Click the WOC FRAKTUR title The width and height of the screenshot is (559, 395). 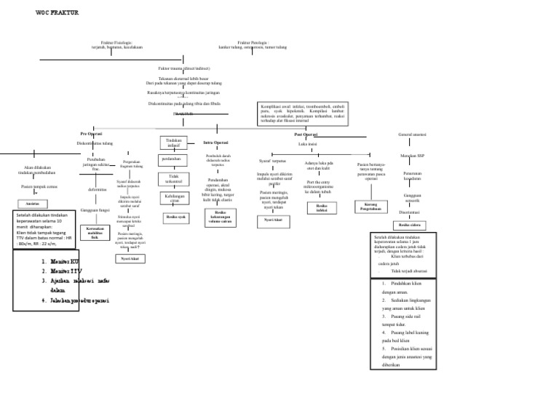pos(58,14)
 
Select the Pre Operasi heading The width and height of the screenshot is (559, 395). pos(91,135)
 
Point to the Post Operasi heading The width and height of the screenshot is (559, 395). pos(306,135)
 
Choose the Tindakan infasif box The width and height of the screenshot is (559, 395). pos(173,142)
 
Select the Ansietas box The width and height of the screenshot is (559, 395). pos(32,204)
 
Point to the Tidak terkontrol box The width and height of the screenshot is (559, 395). pos(173,178)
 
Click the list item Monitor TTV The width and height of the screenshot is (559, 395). pos(62,270)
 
